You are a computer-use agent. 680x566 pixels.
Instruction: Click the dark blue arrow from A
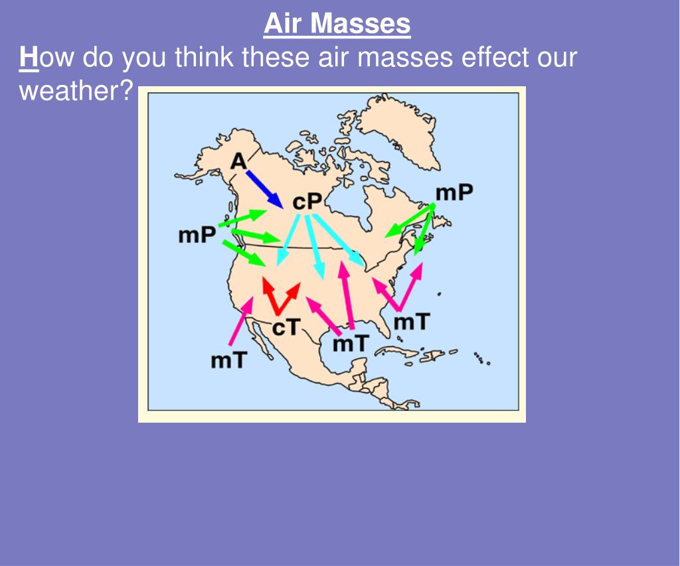pos(264,188)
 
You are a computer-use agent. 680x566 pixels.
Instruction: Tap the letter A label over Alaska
pos(238,161)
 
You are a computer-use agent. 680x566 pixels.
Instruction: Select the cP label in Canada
pos(307,201)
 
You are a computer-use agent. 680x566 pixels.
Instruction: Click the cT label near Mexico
pos(287,326)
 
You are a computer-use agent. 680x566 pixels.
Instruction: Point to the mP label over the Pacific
pos(197,235)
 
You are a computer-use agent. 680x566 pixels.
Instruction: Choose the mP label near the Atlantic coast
pos(454,192)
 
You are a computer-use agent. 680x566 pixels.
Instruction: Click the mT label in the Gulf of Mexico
pos(350,343)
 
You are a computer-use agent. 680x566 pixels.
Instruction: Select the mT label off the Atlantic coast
pos(412,322)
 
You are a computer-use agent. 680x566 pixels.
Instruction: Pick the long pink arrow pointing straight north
pos(347,295)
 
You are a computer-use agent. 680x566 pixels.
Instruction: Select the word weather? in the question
pos(76,90)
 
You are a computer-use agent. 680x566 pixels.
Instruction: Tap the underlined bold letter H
pos(29,58)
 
